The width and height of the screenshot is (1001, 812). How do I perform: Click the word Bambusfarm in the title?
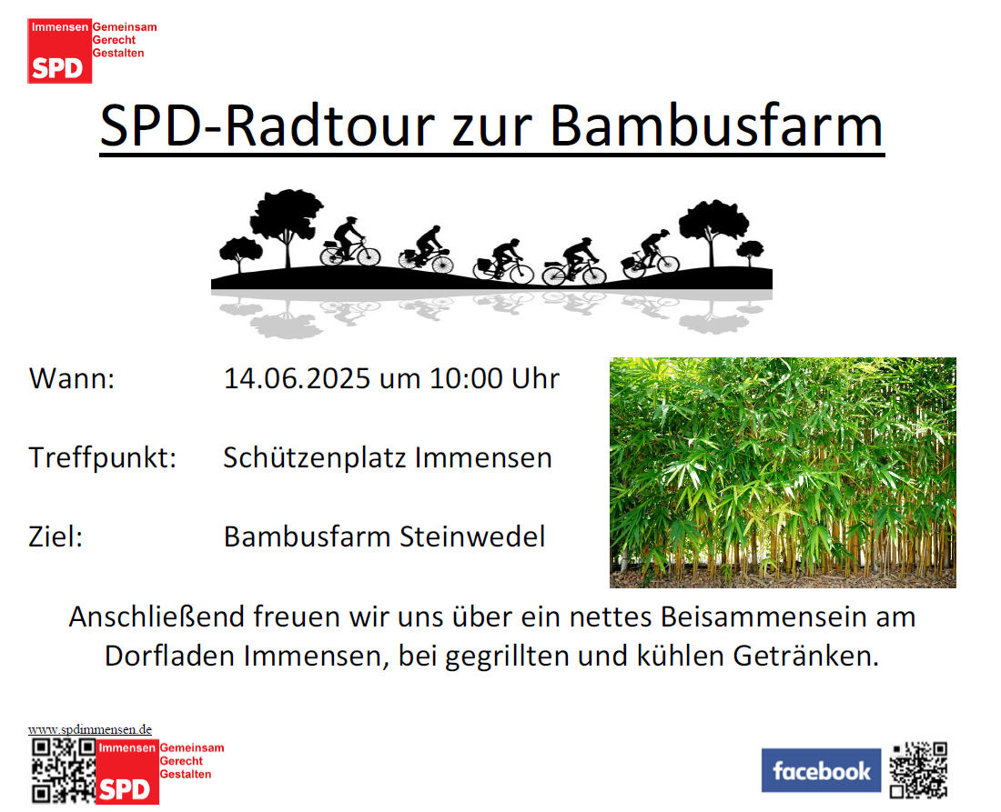click(x=716, y=125)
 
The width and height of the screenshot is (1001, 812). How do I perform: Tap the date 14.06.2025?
click(x=297, y=378)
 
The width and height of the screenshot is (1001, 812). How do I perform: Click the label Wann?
click(x=72, y=378)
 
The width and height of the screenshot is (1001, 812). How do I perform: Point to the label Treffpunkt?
click(x=103, y=458)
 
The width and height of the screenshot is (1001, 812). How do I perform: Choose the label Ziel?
click(x=56, y=536)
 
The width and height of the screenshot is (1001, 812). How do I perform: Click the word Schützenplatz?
click(x=315, y=458)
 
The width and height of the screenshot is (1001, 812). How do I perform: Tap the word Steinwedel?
click(x=472, y=536)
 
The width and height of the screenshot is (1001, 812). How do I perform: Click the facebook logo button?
click(x=821, y=770)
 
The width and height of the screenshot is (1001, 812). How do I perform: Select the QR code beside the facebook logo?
click(x=919, y=770)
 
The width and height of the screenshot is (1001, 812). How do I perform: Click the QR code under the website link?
click(x=64, y=770)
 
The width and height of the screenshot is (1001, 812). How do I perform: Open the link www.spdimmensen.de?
click(x=90, y=729)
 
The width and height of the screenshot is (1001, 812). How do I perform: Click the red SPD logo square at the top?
click(x=59, y=51)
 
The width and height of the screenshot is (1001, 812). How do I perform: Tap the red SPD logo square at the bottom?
click(x=127, y=772)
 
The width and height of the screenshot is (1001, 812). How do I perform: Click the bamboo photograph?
click(x=783, y=473)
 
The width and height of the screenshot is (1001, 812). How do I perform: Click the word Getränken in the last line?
click(x=806, y=656)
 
